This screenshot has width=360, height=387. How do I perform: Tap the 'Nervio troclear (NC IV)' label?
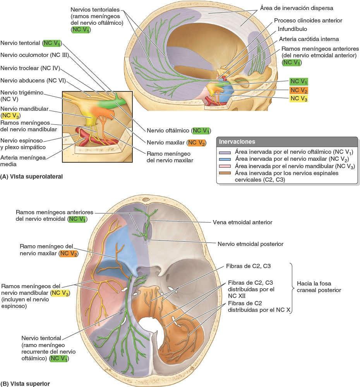30,68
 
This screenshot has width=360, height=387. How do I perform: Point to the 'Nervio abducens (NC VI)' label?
33,81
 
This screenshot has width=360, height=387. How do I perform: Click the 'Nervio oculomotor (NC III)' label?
34,55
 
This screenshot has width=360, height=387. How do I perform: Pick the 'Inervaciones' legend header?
238,142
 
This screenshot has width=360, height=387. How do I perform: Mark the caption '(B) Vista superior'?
25,384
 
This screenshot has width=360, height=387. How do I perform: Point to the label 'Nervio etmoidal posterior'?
250,244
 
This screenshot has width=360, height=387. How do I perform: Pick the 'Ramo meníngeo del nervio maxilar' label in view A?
170,157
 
